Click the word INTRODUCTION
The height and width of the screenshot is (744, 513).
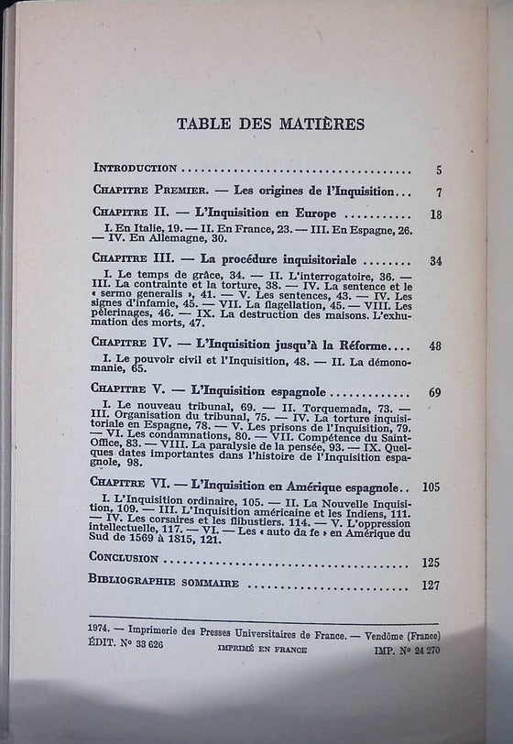(x=147, y=169)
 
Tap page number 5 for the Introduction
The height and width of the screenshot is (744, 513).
(x=439, y=170)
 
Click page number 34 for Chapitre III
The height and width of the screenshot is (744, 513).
(x=435, y=261)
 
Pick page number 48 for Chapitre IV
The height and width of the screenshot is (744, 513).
(x=435, y=345)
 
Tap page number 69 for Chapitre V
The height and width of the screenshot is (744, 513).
(x=435, y=393)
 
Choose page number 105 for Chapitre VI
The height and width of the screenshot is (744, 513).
(x=432, y=487)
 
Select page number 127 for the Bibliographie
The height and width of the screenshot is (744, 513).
(x=431, y=584)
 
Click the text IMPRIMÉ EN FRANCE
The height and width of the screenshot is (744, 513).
(x=263, y=649)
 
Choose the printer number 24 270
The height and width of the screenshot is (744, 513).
(x=418, y=648)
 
